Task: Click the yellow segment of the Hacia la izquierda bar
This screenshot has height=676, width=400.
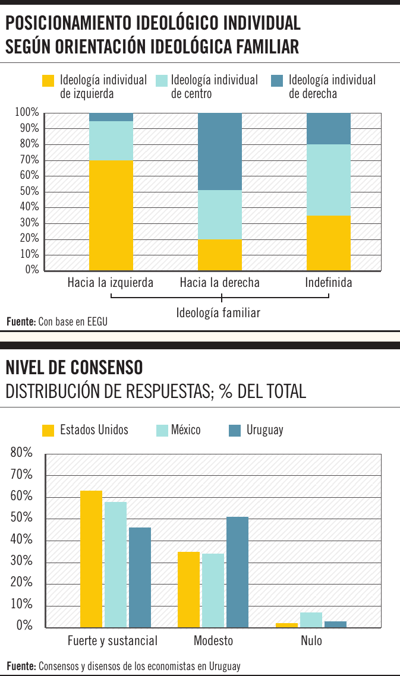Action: [x=111, y=215]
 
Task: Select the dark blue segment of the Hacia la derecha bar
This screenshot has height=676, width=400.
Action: [x=220, y=151]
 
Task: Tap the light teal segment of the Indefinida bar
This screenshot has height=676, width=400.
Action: [x=329, y=180]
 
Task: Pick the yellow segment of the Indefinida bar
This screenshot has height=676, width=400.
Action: [x=329, y=243]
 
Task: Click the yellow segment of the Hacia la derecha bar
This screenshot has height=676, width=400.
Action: [x=220, y=255]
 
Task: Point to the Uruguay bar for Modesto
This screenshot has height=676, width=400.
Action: [x=238, y=572]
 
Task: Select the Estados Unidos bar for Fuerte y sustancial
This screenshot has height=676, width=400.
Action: [x=92, y=559]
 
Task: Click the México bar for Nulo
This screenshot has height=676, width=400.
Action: [x=311, y=620]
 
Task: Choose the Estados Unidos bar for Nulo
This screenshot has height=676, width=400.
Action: [x=286, y=625]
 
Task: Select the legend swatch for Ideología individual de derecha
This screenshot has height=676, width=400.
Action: [x=276, y=81]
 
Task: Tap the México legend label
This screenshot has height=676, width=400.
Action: [x=186, y=430]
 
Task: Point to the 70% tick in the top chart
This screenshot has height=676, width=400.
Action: [x=27, y=160]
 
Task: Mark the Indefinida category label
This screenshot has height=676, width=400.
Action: [x=329, y=283]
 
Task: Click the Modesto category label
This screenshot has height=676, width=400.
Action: [x=213, y=641]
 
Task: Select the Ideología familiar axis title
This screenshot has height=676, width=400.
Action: [x=218, y=312]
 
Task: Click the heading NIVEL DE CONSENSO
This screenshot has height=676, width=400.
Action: [x=74, y=368]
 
